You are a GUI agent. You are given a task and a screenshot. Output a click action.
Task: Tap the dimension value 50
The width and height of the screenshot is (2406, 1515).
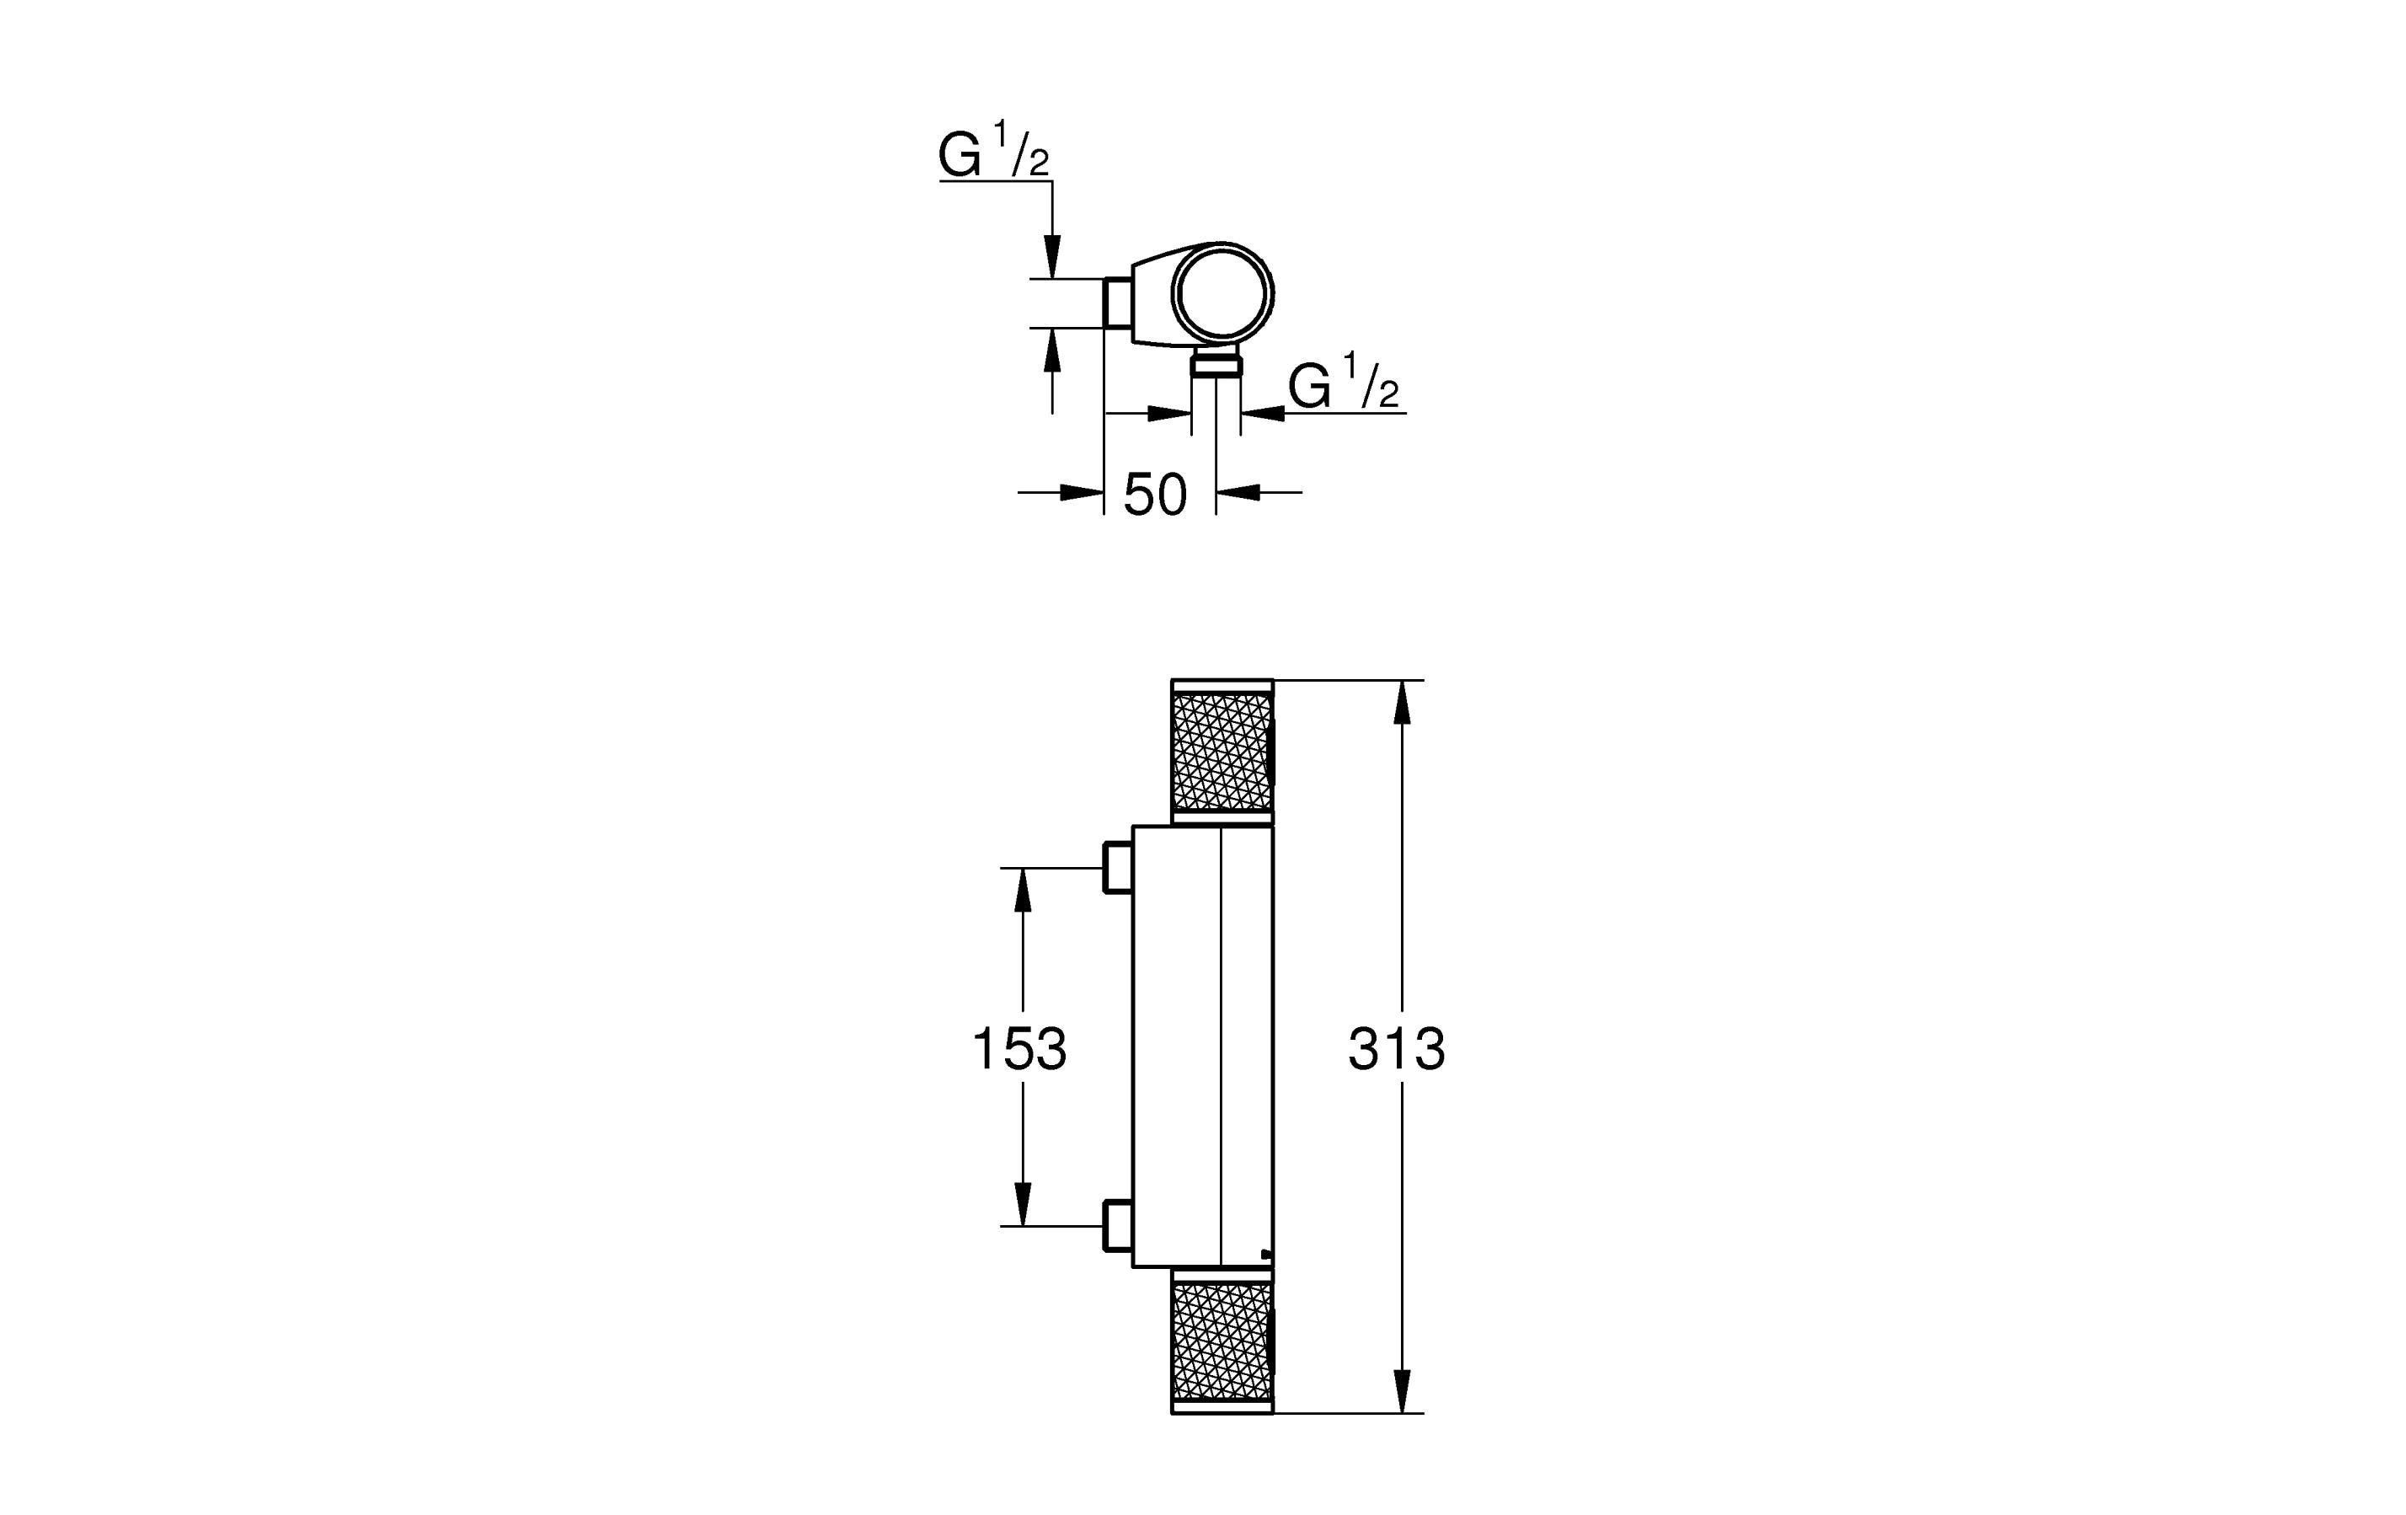point(1155,495)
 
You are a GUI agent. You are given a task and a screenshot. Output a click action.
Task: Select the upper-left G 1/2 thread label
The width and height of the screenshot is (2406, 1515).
point(994,150)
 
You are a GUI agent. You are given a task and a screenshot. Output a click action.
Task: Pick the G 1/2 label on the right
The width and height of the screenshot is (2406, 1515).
point(1344,381)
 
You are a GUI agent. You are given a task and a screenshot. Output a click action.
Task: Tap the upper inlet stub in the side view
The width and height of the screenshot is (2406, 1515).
point(1118,867)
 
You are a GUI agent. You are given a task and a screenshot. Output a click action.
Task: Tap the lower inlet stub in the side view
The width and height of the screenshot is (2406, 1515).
point(1118,1226)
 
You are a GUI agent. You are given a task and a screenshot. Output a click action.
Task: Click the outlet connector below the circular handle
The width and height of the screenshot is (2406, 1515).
point(1216,363)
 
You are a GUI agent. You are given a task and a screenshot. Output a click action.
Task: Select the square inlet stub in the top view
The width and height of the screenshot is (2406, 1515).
point(1117,302)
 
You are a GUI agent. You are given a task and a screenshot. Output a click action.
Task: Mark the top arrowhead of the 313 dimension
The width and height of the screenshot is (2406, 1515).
point(1402,702)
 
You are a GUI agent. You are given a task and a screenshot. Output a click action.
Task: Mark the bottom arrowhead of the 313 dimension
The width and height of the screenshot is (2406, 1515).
point(1402,1392)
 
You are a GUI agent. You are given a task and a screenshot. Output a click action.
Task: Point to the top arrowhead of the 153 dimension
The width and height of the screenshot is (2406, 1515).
point(1022,890)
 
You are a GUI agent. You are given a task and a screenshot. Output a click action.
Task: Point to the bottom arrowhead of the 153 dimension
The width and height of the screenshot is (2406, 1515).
point(1022,1204)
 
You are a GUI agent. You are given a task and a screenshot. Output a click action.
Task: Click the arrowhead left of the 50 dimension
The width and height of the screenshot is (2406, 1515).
point(1081,492)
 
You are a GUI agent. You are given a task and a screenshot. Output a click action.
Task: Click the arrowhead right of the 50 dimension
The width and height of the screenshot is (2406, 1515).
point(1238,492)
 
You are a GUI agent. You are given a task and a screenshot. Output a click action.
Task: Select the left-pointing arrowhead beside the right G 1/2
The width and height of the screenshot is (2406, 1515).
point(1262,413)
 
